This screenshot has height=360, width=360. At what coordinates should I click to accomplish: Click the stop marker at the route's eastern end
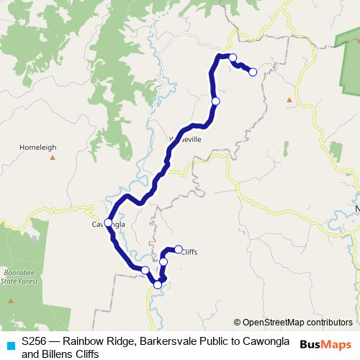(253, 71)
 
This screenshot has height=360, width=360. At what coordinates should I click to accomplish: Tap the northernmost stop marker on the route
(233, 57)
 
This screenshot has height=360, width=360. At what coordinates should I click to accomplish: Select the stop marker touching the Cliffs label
(178, 249)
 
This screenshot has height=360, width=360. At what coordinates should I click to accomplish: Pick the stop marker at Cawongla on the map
(108, 222)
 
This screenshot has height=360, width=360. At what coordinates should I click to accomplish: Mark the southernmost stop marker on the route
(158, 284)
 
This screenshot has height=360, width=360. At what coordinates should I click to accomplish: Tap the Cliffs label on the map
(189, 252)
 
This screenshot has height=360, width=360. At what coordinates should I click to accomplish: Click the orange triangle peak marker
(289, 100)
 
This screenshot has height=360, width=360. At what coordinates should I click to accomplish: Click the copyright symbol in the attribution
(237, 323)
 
